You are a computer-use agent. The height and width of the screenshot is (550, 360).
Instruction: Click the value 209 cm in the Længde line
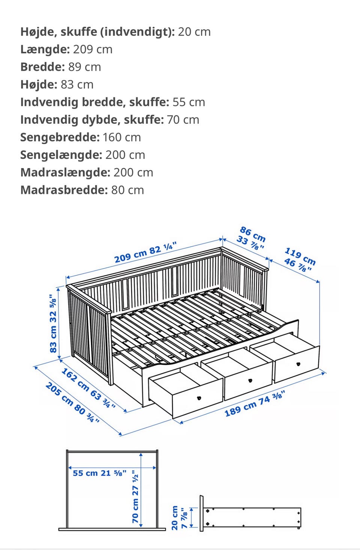point(93,50)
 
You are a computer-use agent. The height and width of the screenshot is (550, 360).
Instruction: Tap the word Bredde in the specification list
point(42,67)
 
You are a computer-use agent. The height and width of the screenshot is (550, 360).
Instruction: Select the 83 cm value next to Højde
point(77,85)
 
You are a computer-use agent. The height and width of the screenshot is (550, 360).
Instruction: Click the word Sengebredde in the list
point(60,137)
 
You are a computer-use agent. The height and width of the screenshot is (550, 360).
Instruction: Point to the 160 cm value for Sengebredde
point(121,137)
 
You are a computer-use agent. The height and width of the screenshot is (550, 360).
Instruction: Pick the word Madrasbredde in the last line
point(64,190)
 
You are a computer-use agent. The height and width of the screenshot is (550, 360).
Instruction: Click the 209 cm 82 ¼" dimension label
point(145,253)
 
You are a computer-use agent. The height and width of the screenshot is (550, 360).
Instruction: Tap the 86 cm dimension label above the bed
point(253,234)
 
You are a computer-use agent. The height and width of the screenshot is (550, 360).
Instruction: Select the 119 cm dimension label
point(300,256)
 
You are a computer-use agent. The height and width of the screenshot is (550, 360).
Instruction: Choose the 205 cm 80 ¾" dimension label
point(73,403)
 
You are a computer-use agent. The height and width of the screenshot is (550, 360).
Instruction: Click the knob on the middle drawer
point(250,380)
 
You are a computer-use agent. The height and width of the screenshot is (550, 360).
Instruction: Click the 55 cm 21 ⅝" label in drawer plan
point(99,473)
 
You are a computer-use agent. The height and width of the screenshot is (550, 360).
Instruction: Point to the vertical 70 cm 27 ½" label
point(135,498)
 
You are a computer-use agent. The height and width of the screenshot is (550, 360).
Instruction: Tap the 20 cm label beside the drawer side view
point(175,518)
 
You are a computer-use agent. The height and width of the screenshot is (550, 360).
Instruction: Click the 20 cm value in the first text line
point(194,32)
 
